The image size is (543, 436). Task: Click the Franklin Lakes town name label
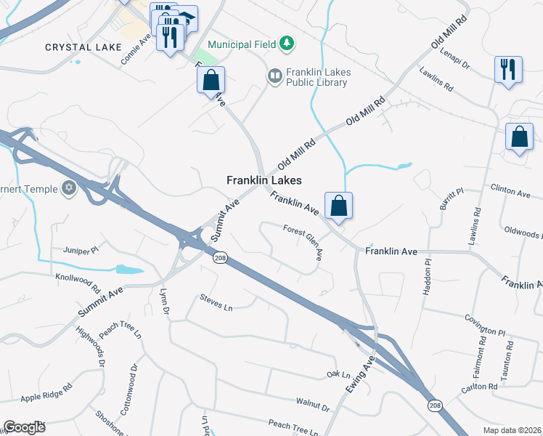264,180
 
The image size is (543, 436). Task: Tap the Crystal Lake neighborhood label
83,47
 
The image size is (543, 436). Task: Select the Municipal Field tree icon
288,44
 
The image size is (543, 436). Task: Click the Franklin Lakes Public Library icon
274,75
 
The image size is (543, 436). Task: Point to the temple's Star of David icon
70,189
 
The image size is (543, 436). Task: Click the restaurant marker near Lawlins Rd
507,70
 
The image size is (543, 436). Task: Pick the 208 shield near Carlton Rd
434,405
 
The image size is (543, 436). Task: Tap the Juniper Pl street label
81,250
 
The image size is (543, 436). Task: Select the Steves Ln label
216,303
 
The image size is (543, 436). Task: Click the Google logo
24,427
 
